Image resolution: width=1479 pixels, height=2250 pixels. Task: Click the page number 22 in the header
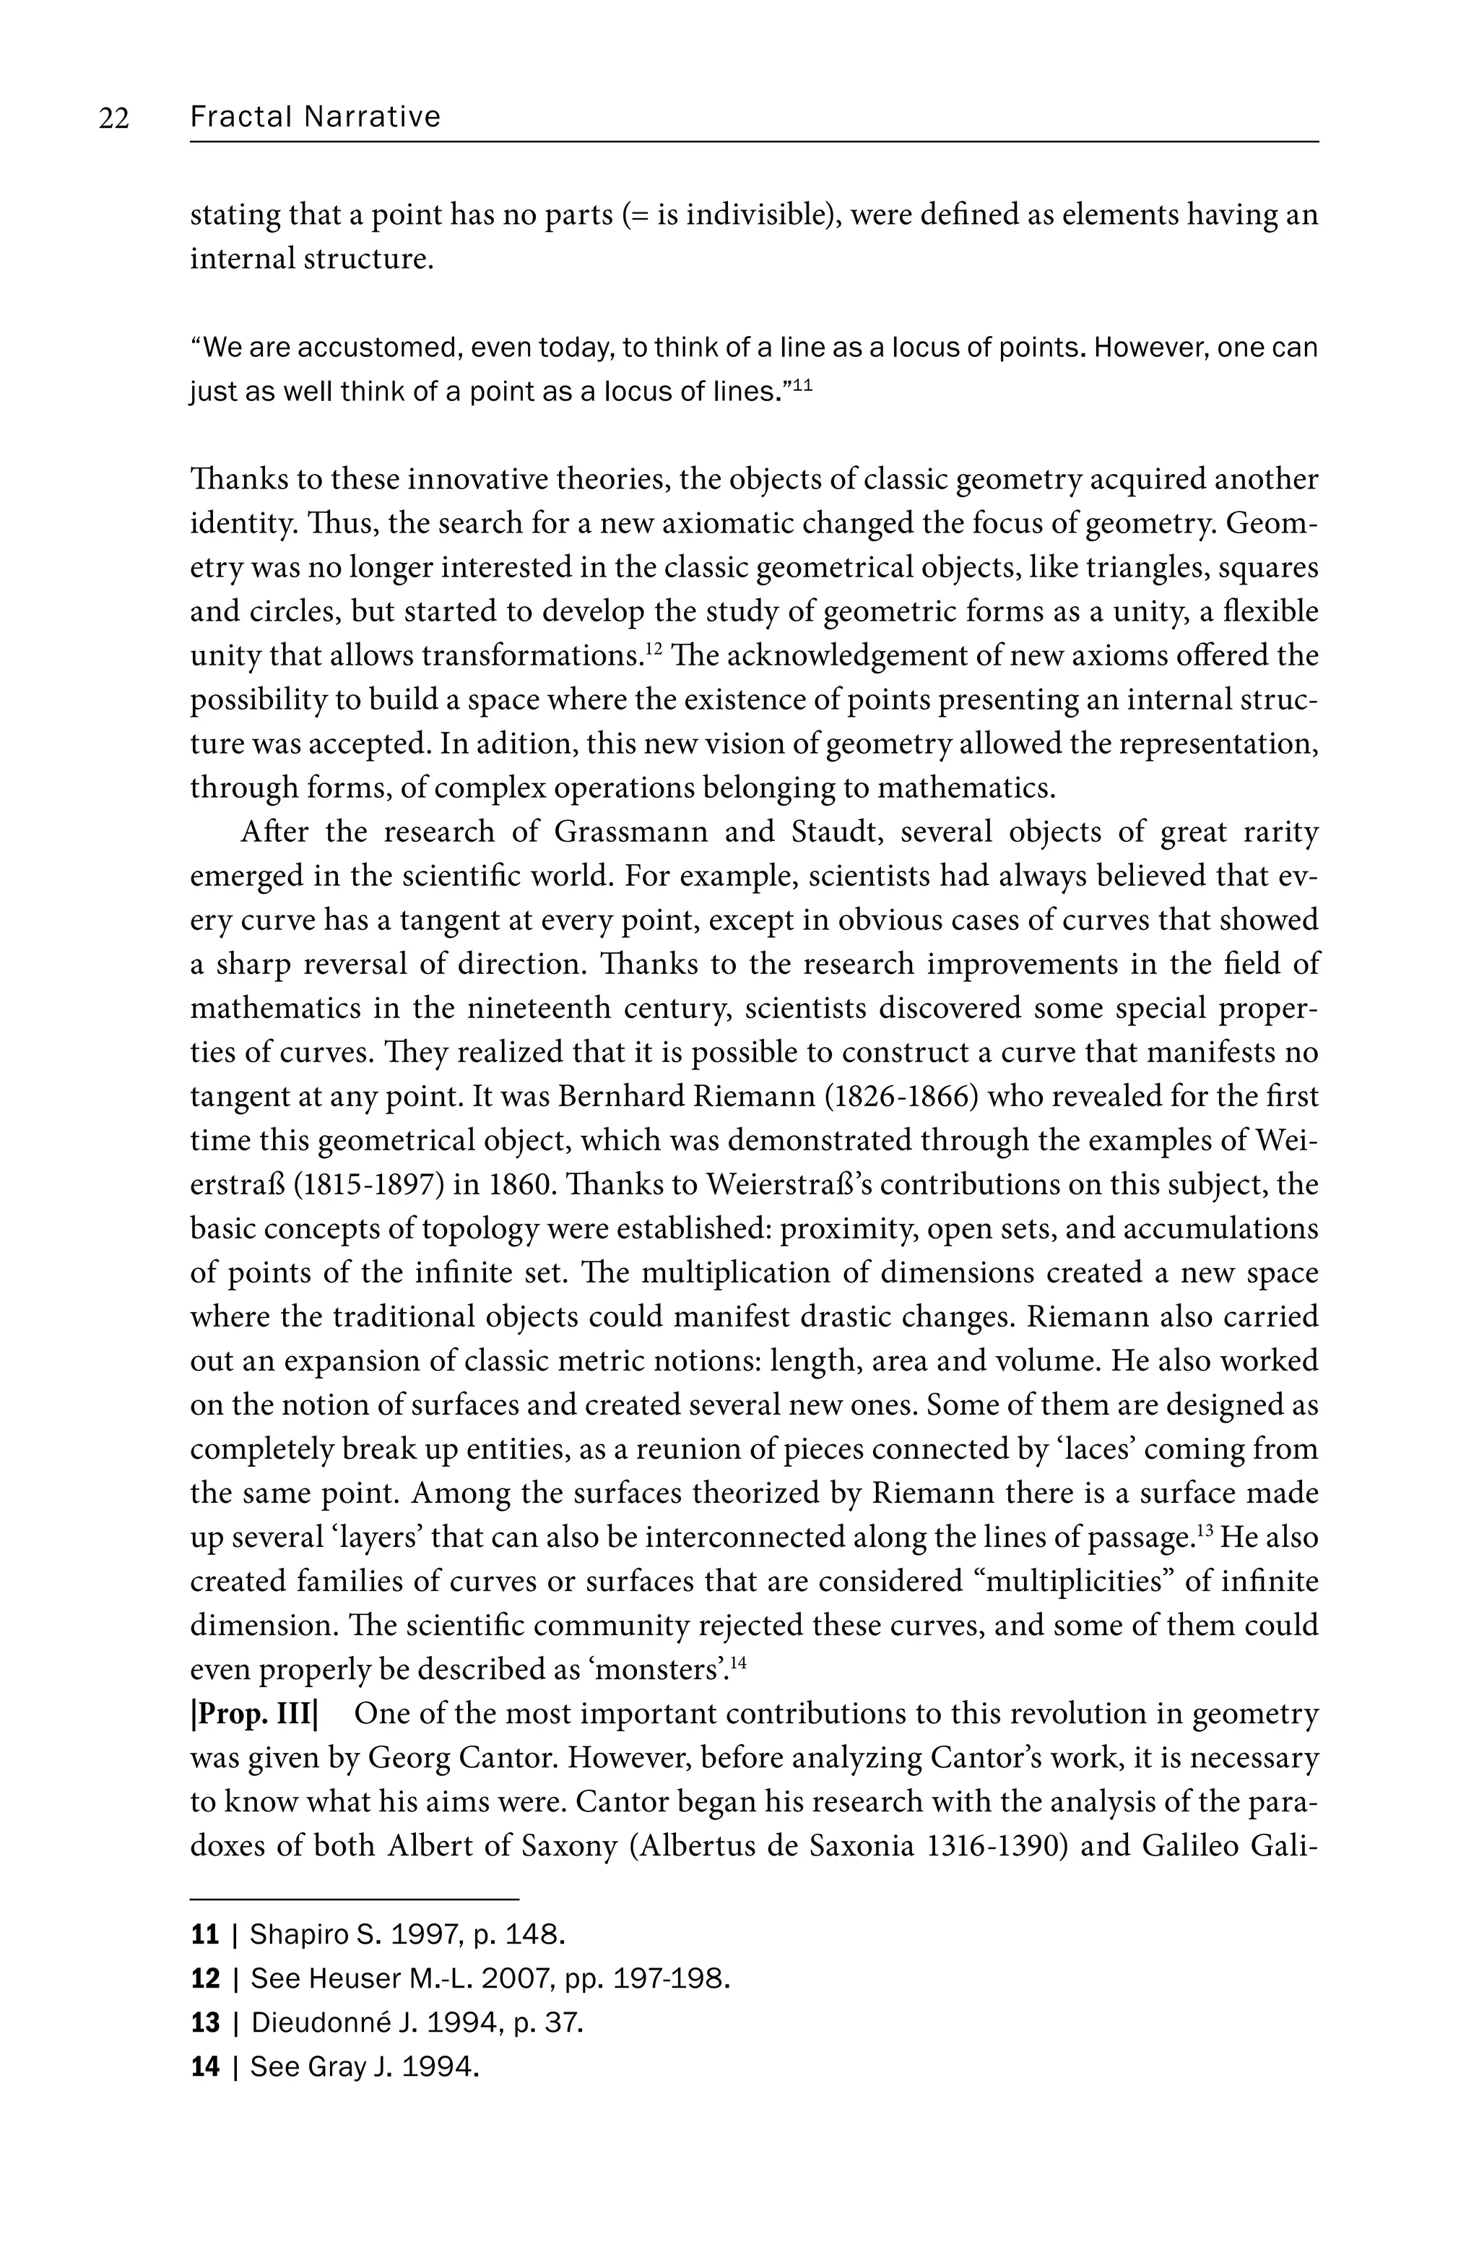(x=113, y=118)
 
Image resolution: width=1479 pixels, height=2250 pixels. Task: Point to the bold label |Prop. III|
(x=255, y=1714)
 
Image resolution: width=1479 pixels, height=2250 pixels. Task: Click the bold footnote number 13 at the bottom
(x=205, y=2023)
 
